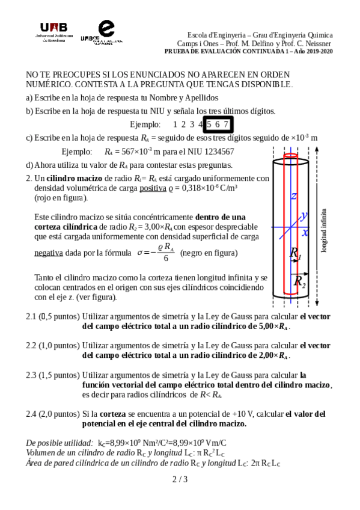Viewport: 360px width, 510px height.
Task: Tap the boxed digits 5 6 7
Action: pyautogui.click(x=218, y=124)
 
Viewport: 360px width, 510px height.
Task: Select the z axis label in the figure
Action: pyautogui.click(x=293, y=196)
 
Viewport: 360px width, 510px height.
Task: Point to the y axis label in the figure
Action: pyautogui.click(x=304, y=215)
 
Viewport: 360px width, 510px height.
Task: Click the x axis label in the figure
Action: pyautogui.click(x=305, y=232)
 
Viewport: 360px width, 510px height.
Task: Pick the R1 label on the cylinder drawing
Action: pyautogui.click(x=296, y=253)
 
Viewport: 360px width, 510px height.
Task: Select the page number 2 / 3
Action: pyautogui.click(x=180, y=479)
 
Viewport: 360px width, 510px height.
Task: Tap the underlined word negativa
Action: pyautogui.click(x=49, y=253)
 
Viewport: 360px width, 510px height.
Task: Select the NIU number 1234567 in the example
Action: pyautogui.click(x=212, y=152)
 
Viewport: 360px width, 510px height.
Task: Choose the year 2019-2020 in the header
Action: pyautogui.click(x=319, y=51)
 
